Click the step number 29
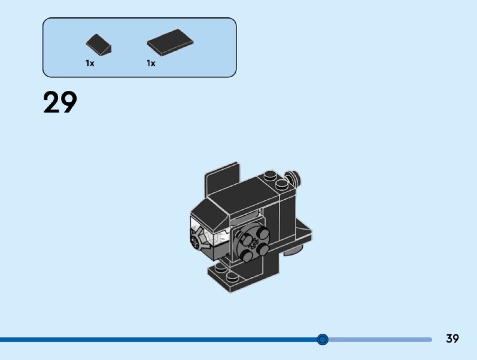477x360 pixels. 60,102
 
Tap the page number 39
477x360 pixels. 452,338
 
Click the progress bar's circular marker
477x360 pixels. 323,339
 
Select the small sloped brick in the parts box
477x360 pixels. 99,44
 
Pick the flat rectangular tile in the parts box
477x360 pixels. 170,42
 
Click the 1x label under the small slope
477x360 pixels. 90,63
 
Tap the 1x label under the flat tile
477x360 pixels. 151,63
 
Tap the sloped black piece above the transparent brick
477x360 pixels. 210,214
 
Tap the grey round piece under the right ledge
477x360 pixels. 293,251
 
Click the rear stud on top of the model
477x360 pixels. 269,175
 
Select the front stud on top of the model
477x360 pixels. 281,184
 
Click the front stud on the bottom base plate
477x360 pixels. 233,277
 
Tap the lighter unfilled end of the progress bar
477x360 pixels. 380,339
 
